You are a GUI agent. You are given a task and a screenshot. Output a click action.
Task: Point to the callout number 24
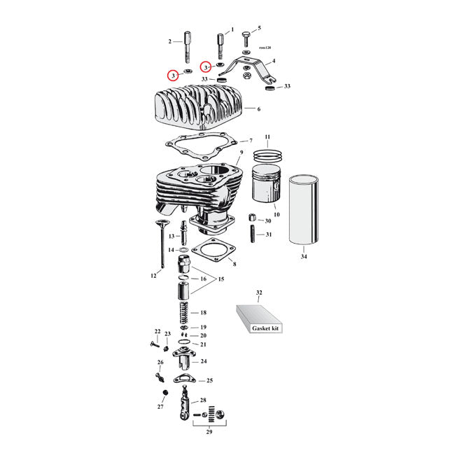tap(204, 361)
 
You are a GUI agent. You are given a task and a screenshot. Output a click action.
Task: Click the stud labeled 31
tap(251, 234)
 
